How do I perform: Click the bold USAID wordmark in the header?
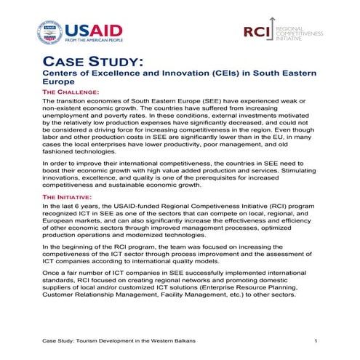tap(94, 30)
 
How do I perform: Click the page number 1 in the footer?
tap(316, 341)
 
